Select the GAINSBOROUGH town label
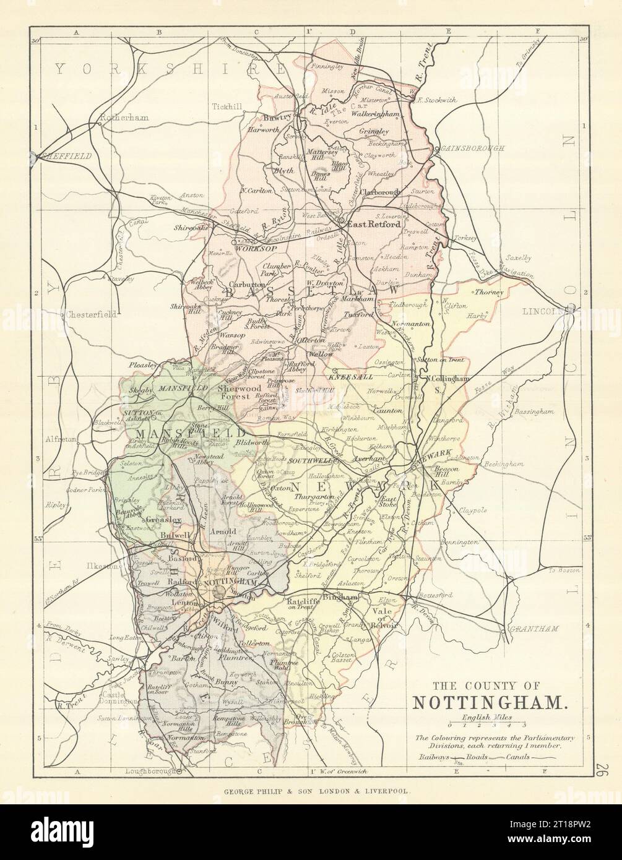[470, 149]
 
